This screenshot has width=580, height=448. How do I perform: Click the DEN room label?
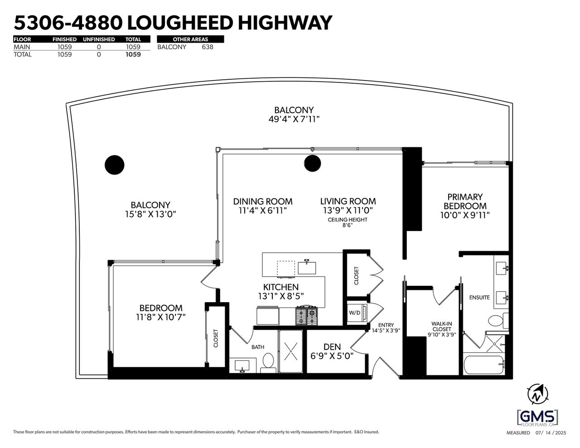(332, 347)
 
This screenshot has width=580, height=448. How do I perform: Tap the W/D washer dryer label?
(354, 313)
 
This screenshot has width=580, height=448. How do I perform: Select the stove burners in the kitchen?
(307, 315)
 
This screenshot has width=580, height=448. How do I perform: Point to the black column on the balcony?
(115, 165)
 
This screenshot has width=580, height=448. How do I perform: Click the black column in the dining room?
(312, 163)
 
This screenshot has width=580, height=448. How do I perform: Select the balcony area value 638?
(208, 47)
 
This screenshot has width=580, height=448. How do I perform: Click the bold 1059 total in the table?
(133, 54)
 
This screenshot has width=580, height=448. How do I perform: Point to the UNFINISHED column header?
(99, 39)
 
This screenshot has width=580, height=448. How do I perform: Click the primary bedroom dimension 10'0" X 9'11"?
(465, 215)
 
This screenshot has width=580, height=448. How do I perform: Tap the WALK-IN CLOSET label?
(442, 327)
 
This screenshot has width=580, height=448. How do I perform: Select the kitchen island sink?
(307, 267)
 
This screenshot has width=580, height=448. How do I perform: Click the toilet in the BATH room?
(268, 362)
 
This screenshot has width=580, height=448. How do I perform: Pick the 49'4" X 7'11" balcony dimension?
(294, 119)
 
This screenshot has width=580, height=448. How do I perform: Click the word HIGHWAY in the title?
(285, 23)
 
